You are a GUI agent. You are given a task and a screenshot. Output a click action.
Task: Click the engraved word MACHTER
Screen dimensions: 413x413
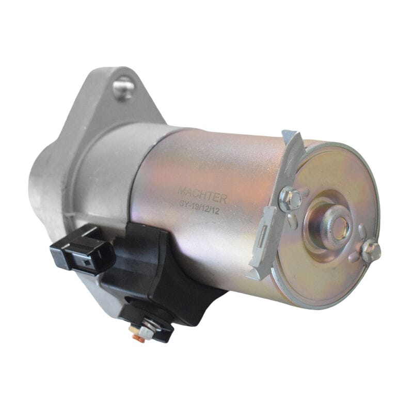[x=202, y=192]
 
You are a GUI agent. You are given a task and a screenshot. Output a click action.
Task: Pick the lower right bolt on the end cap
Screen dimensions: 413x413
[x=370, y=251]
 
